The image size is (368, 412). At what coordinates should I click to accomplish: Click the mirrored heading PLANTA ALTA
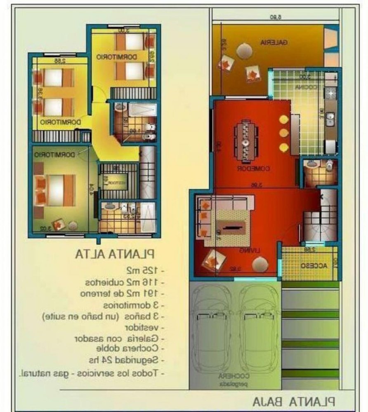tap(115, 253)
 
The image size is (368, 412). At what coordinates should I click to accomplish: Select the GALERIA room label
tap(274, 42)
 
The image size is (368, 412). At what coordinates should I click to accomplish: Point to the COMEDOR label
tap(253, 168)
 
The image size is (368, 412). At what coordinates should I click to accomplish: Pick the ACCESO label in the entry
tap(314, 266)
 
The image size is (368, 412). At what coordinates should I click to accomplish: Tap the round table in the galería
tap(244, 50)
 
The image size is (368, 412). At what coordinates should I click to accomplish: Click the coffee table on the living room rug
tap(233, 226)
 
